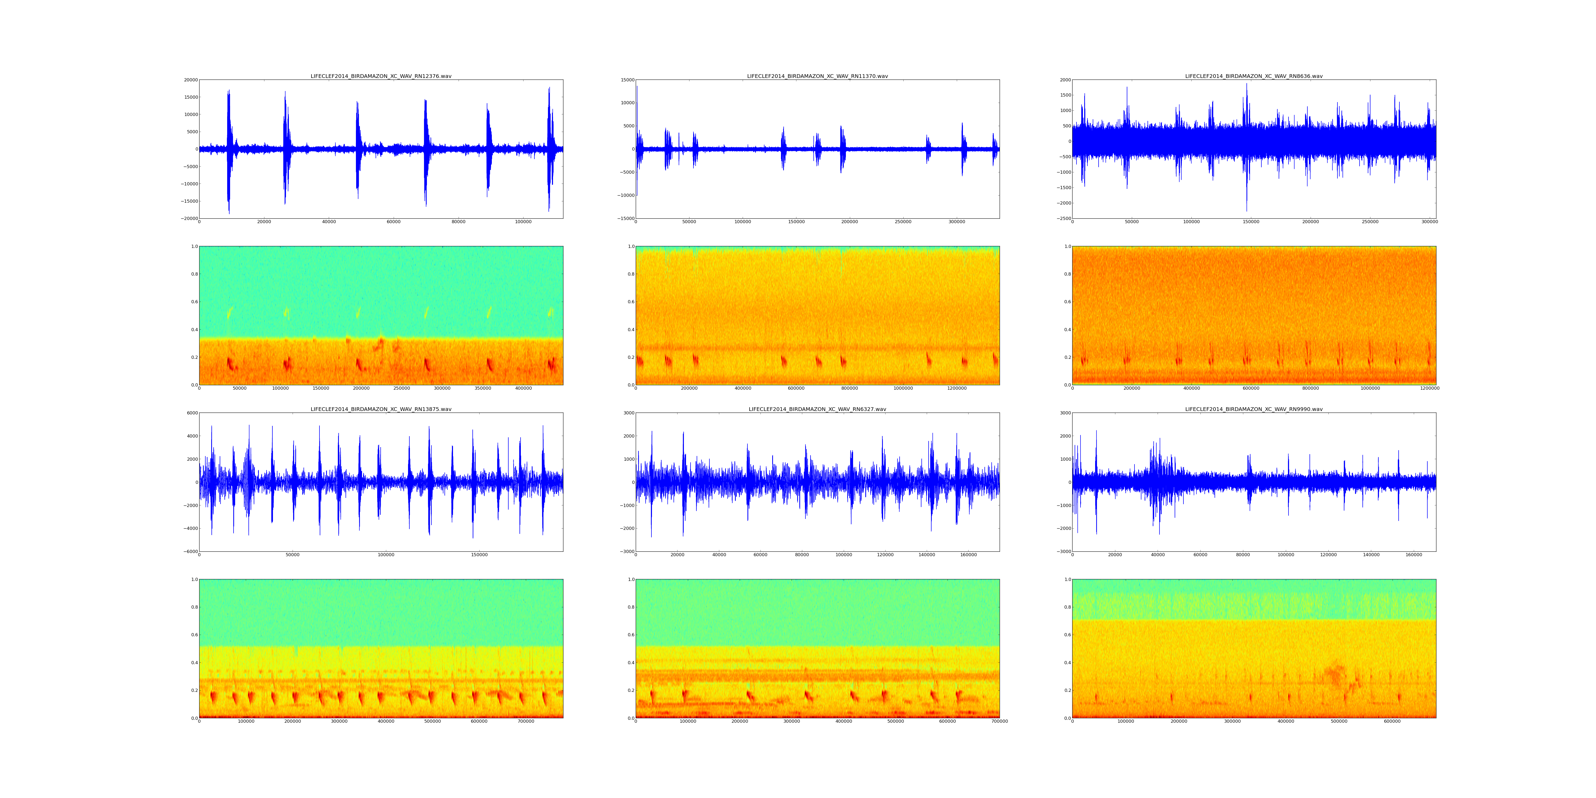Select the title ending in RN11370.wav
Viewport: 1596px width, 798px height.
(817, 76)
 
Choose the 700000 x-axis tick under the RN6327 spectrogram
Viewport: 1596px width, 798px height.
(999, 721)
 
